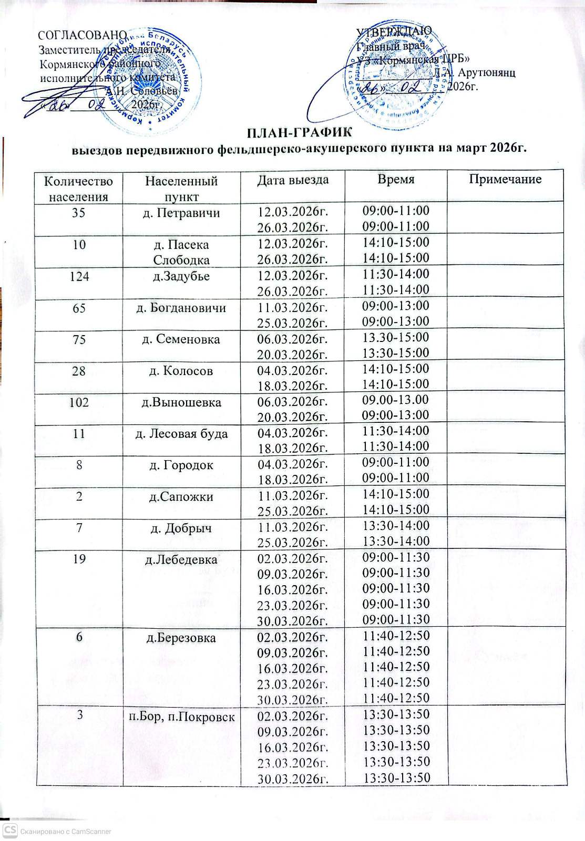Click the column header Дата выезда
click(293, 180)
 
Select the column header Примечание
click(505, 180)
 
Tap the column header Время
click(396, 180)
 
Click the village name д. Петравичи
click(181, 213)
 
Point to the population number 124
click(79, 276)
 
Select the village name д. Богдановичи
click(181, 308)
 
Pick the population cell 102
click(79, 402)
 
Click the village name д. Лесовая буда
click(181, 434)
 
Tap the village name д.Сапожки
click(181, 497)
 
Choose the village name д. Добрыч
click(181, 528)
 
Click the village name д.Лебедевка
click(181, 560)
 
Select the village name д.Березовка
click(181, 639)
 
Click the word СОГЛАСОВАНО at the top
click(83, 35)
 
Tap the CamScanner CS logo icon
click(9, 831)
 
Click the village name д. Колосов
click(181, 371)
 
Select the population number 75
click(79, 339)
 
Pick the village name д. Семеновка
click(181, 339)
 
